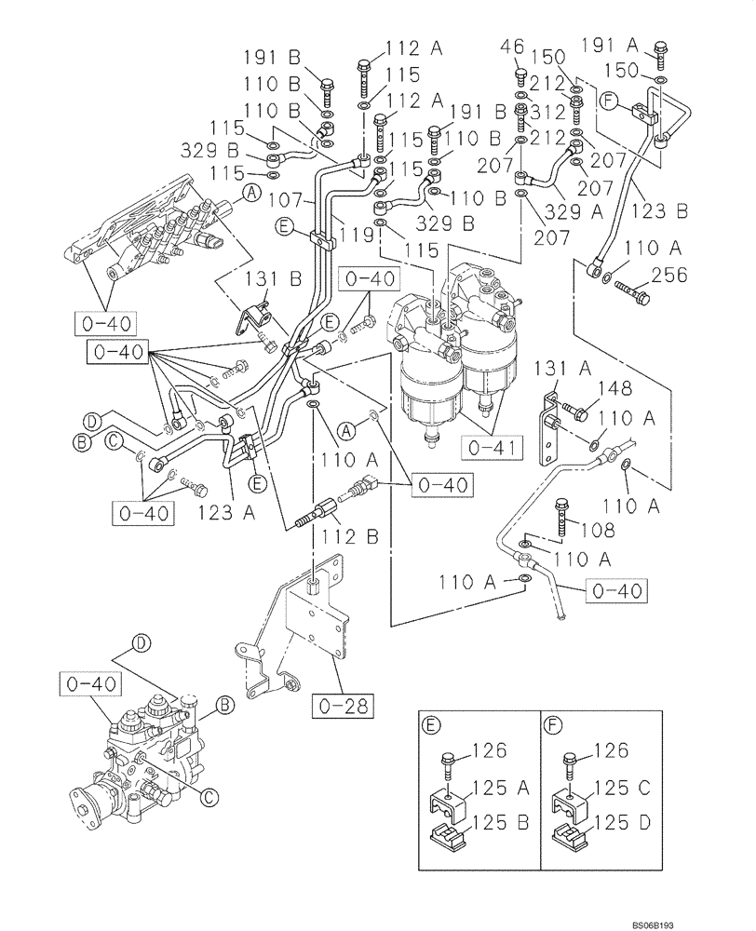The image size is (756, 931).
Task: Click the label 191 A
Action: (x=612, y=45)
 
